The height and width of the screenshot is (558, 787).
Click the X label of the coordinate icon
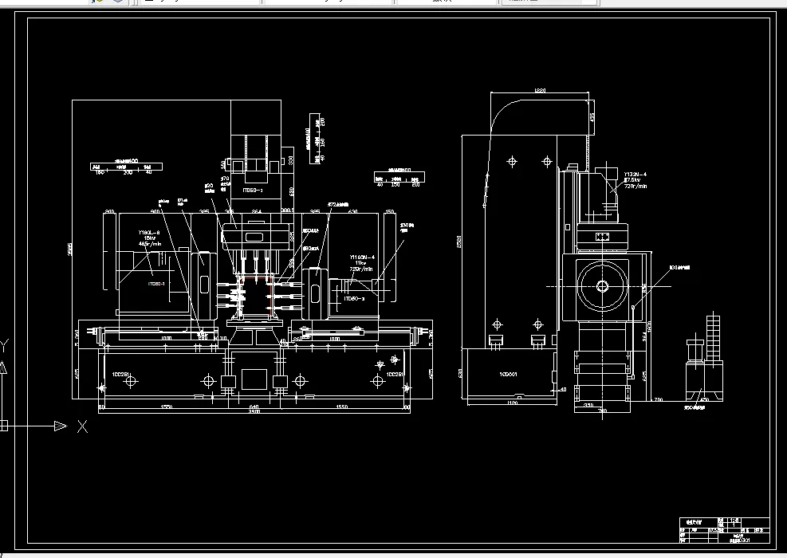[x=82, y=426]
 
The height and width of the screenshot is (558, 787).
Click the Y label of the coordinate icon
[x=4, y=344]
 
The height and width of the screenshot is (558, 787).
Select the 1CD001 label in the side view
[x=508, y=373]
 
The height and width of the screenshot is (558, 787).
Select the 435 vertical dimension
[x=592, y=116]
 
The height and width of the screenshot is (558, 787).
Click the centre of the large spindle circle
[x=602, y=287]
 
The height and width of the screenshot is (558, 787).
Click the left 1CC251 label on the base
[x=121, y=373]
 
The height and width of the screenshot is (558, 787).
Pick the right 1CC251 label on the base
[x=395, y=373]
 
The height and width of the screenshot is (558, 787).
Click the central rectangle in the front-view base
[x=254, y=379]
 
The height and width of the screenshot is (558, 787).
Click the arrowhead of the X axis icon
[x=61, y=426]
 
